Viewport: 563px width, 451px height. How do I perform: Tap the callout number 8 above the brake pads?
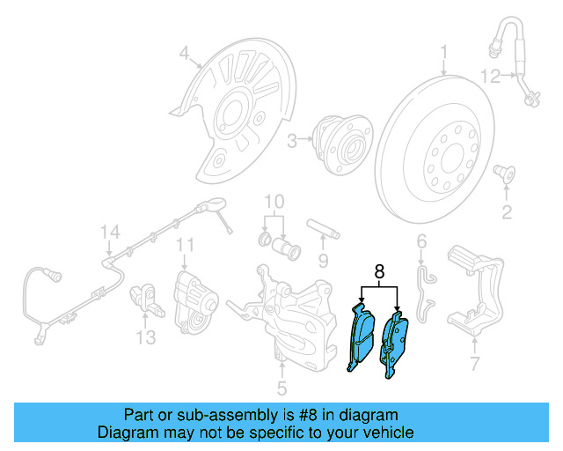click(379, 273)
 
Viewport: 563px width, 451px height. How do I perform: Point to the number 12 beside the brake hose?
click(491, 77)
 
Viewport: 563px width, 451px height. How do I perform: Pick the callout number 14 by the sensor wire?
click(108, 233)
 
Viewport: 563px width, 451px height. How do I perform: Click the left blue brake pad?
click(361, 339)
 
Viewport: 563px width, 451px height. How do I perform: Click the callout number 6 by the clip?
click(421, 240)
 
